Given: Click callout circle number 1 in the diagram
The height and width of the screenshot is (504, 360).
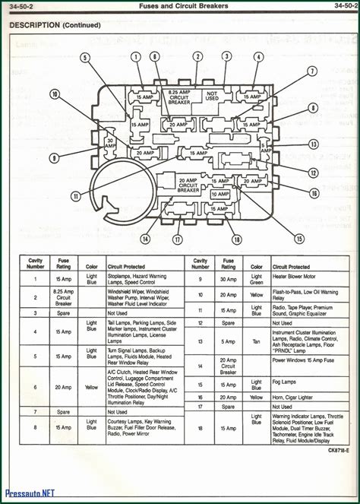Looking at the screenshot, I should (137, 57).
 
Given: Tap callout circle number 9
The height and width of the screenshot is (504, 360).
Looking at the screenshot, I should (54, 158).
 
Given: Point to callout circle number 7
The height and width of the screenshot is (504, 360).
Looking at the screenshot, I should (311, 71).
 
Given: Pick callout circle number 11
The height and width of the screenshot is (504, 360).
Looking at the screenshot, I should (75, 196).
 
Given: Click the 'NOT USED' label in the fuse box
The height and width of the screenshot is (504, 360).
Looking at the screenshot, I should (213, 97).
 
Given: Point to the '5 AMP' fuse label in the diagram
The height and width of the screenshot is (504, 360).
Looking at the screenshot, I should (265, 146).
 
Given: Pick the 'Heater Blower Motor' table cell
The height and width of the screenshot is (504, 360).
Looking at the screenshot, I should (299, 277).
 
